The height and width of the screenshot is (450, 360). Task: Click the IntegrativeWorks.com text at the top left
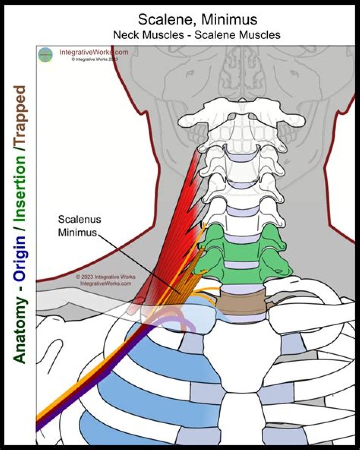pyautogui.click(x=94, y=52)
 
